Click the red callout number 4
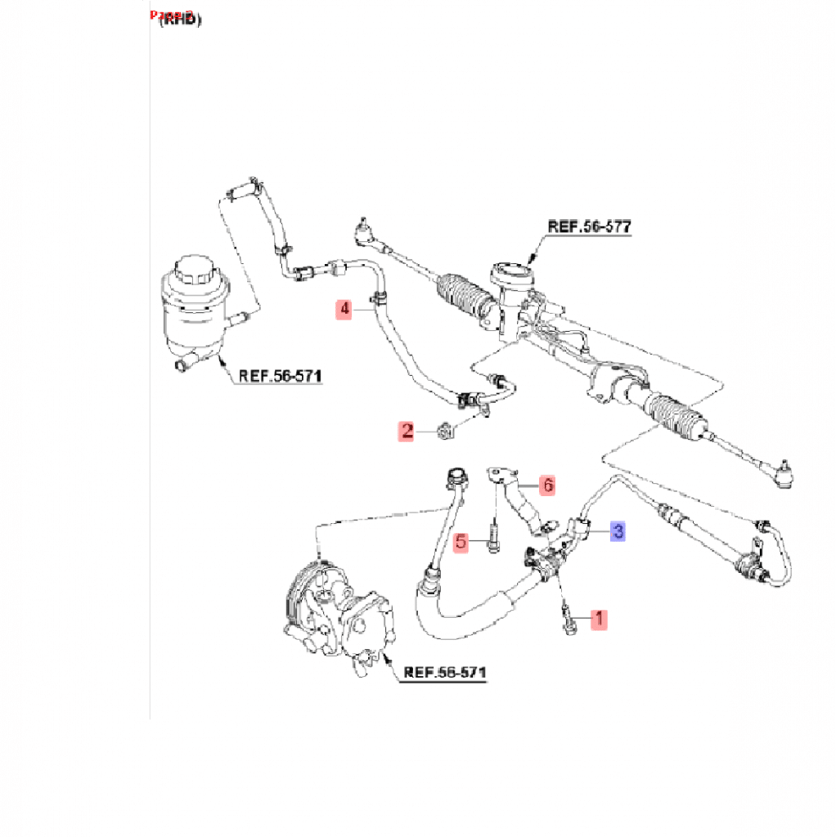click(x=345, y=309)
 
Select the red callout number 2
click(x=407, y=431)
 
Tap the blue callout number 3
click(x=618, y=531)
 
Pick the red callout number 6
click(x=547, y=486)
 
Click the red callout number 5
click(x=461, y=541)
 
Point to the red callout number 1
click(x=600, y=619)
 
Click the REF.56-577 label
click(x=589, y=226)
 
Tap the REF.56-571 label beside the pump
click(x=445, y=673)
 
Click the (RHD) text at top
click(x=179, y=20)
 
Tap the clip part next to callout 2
click(x=447, y=431)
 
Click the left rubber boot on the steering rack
click(x=465, y=295)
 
